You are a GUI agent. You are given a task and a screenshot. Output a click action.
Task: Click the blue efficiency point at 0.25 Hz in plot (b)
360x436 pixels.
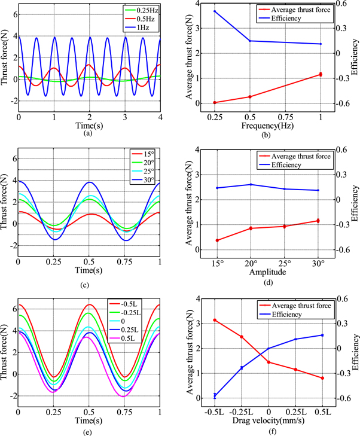(x=215, y=11)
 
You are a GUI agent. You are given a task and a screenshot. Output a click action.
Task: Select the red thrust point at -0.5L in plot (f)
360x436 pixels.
(x=215, y=320)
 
